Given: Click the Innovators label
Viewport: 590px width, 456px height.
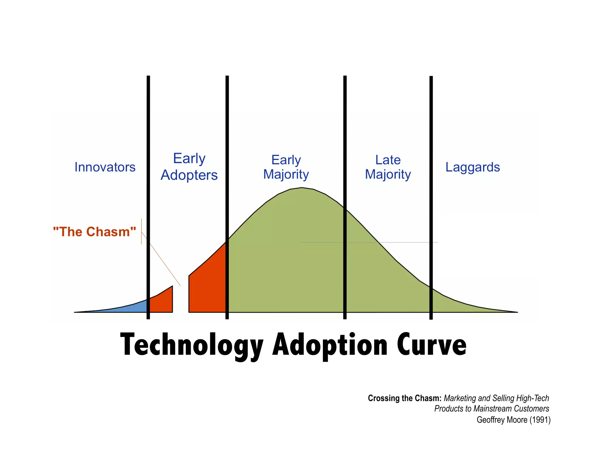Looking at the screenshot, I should (x=105, y=167).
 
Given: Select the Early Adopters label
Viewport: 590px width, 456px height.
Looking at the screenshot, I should (x=189, y=167).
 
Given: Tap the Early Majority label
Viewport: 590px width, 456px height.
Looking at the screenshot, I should (x=286, y=167).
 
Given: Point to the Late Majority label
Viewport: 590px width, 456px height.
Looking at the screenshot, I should (x=388, y=167).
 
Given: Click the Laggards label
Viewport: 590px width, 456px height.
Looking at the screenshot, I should (x=472, y=167).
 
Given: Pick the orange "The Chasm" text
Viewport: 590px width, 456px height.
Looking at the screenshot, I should (x=94, y=232).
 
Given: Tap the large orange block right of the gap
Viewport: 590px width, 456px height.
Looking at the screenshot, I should (x=206, y=288).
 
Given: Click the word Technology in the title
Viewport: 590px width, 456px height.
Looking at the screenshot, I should (x=192, y=345).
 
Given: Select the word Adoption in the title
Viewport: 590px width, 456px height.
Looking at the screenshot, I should (x=330, y=345).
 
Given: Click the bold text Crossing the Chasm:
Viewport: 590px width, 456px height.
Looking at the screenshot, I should (x=404, y=398).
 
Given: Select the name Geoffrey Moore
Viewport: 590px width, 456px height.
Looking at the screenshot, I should (x=502, y=420).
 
